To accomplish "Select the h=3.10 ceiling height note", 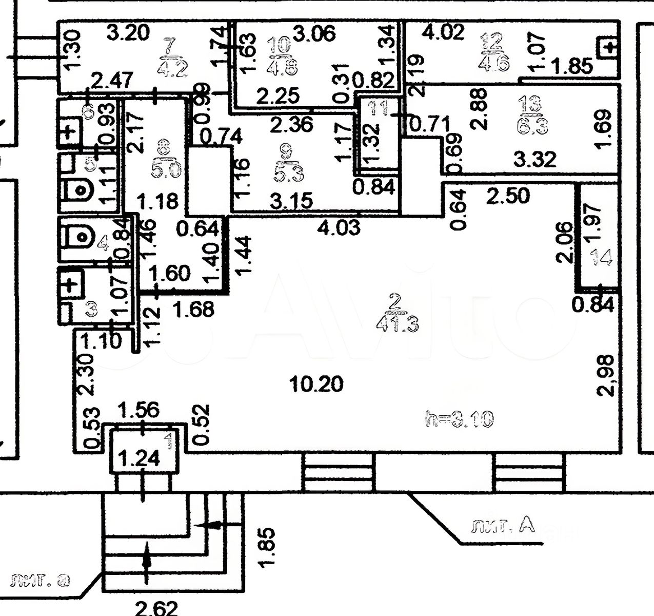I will [460, 419].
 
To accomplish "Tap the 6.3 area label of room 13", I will [530, 125].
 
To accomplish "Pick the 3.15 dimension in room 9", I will [290, 201].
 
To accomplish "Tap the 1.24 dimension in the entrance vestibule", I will [140, 457].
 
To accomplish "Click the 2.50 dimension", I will [507, 196].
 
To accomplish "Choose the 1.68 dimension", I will [193, 309].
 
